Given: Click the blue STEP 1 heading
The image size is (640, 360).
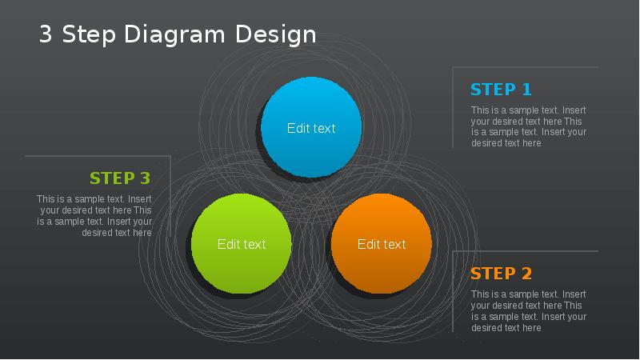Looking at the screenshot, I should click(x=501, y=90).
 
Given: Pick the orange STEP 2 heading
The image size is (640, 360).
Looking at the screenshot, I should click(x=501, y=274).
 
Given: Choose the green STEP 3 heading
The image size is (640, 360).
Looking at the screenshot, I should click(x=120, y=178).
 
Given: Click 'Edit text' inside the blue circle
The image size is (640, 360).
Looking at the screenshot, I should click(x=311, y=128).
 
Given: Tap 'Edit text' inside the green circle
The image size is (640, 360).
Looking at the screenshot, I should click(x=242, y=244).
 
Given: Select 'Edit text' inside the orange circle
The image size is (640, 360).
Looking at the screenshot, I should click(x=382, y=244).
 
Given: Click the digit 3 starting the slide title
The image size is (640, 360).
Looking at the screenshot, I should click(x=46, y=34).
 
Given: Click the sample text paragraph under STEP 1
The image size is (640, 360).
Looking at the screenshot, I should click(x=528, y=126).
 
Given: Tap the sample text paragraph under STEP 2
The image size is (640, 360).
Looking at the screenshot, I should click(x=528, y=311).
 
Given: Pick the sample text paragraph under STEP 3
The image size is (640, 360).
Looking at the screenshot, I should click(x=94, y=216).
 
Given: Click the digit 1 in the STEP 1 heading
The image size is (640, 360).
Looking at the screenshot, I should click(x=526, y=90).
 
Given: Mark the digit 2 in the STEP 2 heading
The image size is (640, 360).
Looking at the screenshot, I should click(x=526, y=274).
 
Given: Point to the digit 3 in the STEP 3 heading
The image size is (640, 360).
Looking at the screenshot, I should click(x=144, y=178).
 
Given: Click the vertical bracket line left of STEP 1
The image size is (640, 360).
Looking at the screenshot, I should click(x=453, y=108).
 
